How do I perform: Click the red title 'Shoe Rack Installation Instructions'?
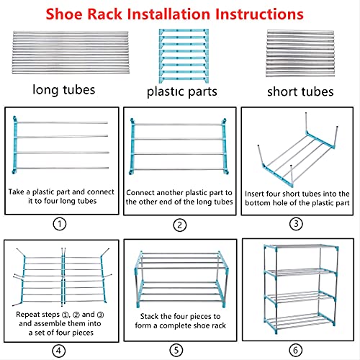180,14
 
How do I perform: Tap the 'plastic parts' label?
179,91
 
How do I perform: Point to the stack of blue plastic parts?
179,55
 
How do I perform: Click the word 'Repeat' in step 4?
30,315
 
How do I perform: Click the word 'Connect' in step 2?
143,193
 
